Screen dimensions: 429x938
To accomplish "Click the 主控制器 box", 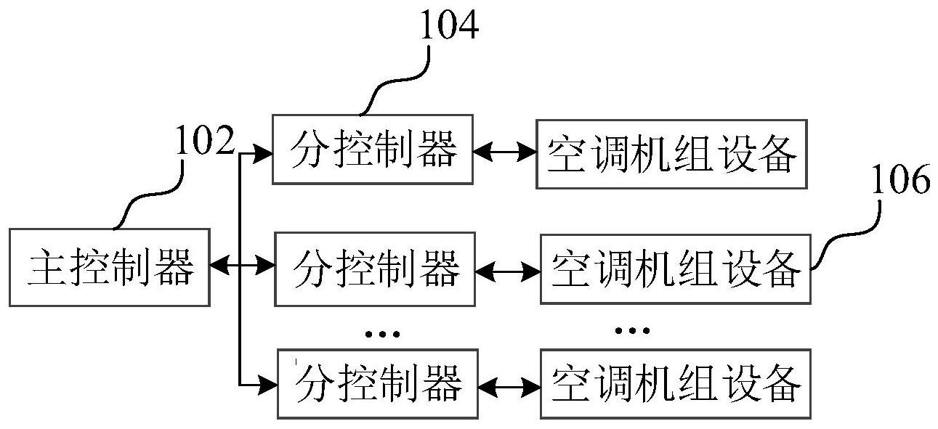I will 110,267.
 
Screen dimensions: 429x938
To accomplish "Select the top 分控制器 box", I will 372,150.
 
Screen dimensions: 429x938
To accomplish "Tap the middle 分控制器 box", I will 375,269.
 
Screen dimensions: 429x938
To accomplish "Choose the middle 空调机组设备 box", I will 675,269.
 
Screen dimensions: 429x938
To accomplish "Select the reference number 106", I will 899,181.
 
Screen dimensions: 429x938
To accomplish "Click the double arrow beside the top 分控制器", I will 504,152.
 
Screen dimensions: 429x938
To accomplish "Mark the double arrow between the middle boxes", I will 508,270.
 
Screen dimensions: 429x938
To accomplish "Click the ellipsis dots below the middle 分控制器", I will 382,334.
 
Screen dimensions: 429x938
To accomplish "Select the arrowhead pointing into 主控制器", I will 217,267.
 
